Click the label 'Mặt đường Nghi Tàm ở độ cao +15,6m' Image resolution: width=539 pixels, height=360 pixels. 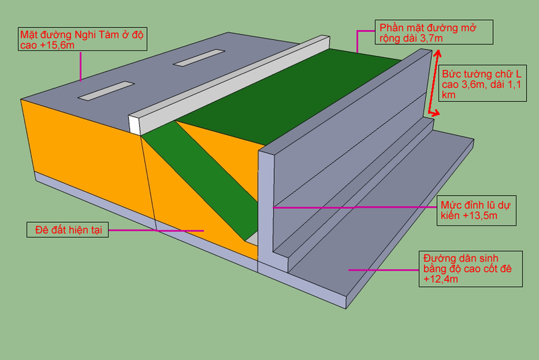click(x=83, y=39)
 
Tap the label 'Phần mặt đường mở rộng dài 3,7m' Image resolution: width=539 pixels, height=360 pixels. click(x=434, y=32)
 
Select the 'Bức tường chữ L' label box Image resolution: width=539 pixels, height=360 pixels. click(x=482, y=83)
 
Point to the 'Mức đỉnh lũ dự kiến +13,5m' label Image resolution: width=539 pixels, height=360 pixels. click(x=476, y=210)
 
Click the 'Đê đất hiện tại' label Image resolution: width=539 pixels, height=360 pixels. click(x=68, y=230)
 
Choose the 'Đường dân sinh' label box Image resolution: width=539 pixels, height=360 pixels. click(x=470, y=269)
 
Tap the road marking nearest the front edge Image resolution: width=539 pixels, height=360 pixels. click(x=106, y=90)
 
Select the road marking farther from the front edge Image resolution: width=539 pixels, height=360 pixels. click(x=199, y=57)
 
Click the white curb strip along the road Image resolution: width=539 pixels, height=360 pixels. click(x=230, y=85)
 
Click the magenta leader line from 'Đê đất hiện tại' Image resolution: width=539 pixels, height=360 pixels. click(x=156, y=230)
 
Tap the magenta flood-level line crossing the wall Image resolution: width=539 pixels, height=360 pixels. click(x=355, y=208)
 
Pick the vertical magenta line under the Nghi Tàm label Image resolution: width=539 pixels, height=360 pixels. click(x=81, y=66)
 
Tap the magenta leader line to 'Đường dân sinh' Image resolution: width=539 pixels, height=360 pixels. click(x=384, y=270)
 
